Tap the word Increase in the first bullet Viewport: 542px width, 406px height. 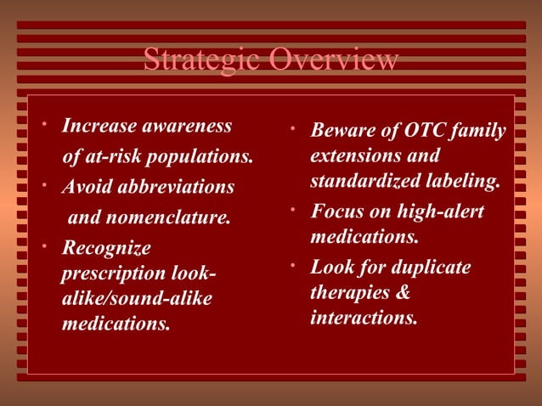pos(98,127)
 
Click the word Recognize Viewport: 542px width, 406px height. pos(106,248)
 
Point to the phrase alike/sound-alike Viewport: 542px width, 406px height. pos(137,299)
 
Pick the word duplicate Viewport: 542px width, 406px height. pos(427,267)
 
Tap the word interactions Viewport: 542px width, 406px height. pos(364,319)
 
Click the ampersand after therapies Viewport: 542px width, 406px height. pos(404,293)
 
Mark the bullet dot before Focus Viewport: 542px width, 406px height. pos(291,206)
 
